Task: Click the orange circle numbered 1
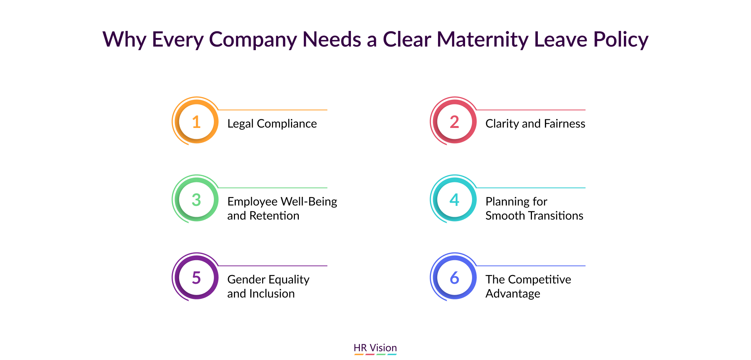pyautogui.click(x=196, y=122)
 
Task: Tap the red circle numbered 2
pyautogui.click(x=455, y=122)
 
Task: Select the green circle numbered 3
pyautogui.click(x=196, y=200)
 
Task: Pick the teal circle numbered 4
pyautogui.click(x=455, y=200)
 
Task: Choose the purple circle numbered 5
pyautogui.click(x=196, y=277)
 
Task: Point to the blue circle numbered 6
pyautogui.click(x=455, y=277)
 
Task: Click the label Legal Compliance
pyautogui.click(x=272, y=124)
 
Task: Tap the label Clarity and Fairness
pyautogui.click(x=535, y=124)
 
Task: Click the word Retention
pyautogui.click(x=274, y=216)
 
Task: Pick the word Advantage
pyautogui.click(x=513, y=294)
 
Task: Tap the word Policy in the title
pyautogui.click(x=621, y=40)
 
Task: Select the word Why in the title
pyautogui.click(x=124, y=40)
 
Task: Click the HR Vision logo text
pyautogui.click(x=375, y=348)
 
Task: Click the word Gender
pyautogui.click(x=246, y=279)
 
